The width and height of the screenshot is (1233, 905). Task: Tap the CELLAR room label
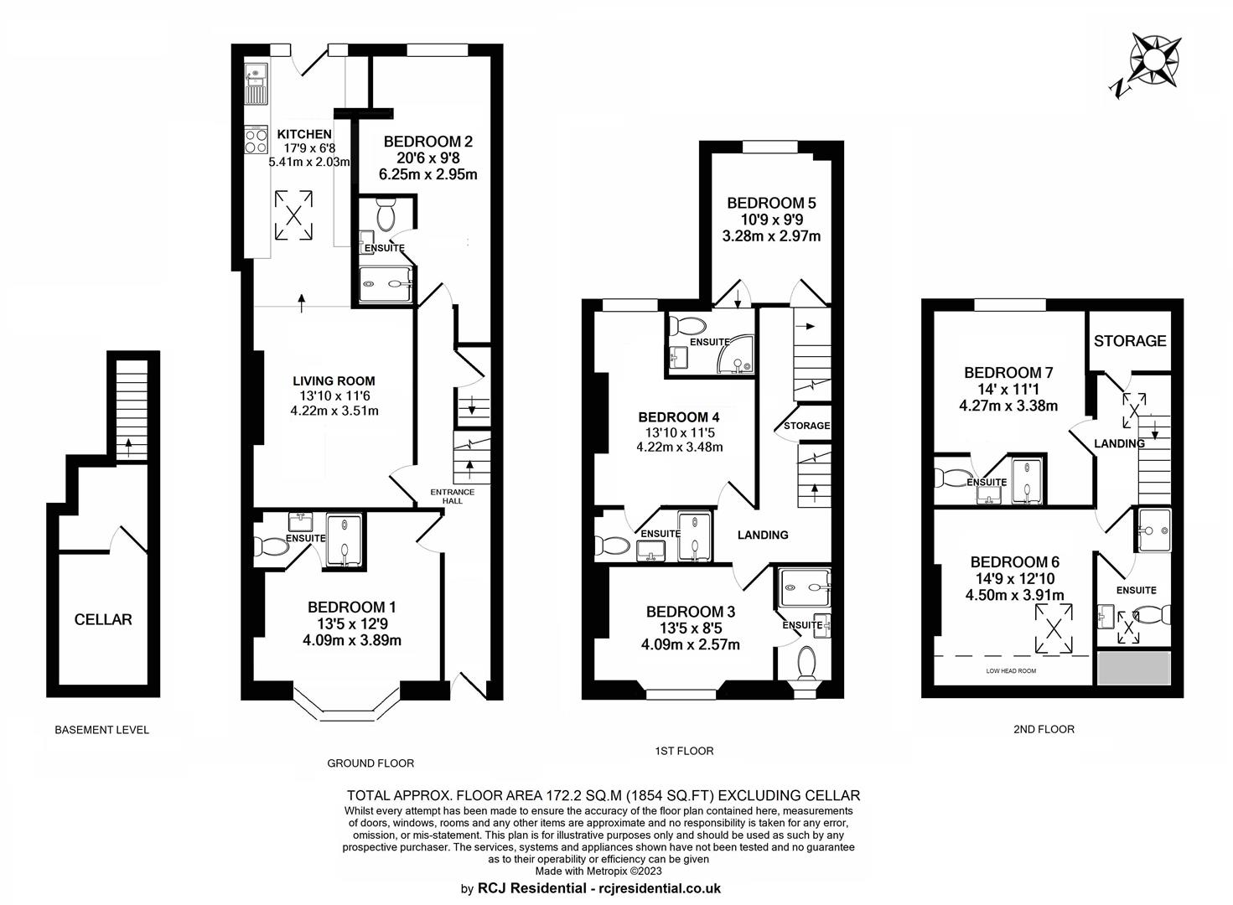[103, 619]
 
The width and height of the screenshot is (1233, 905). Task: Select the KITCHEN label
[303, 134]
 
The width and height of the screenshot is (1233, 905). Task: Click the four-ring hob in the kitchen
[256, 140]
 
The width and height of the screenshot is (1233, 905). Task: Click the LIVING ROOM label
[334, 380]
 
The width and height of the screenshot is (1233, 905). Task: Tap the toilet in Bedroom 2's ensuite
[386, 215]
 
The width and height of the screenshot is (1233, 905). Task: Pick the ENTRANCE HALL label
[453, 496]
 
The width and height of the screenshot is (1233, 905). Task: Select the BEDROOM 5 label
[771, 203]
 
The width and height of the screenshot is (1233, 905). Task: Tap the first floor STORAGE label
[806, 426]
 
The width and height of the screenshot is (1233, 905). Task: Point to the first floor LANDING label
[763, 535]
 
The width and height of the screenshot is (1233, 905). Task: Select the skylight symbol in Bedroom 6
[1054, 628]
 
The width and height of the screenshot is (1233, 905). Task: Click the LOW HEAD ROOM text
[1011, 671]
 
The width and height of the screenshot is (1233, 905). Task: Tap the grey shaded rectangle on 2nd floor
[1134, 668]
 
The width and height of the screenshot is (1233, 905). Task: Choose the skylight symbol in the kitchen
[293, 215]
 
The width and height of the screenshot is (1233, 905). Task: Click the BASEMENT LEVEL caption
[101, 730]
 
